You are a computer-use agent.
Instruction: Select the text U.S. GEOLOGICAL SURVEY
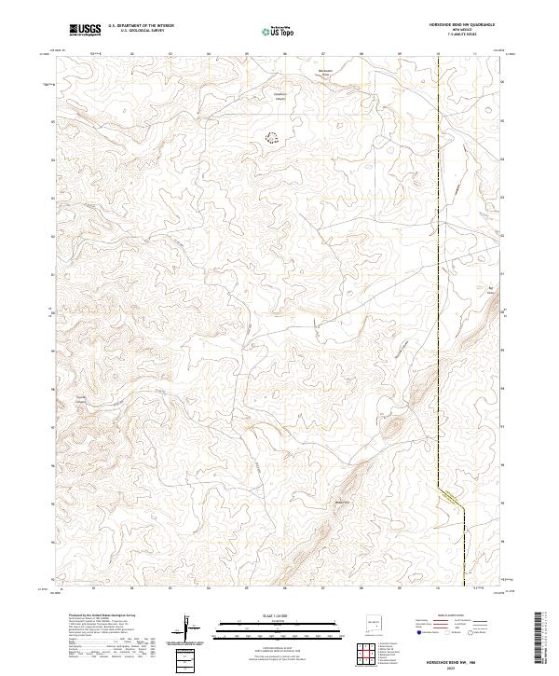pyautogui.click(x=141, y=32)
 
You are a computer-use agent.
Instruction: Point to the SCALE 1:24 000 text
pyautogui.click(x=279, y=614)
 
